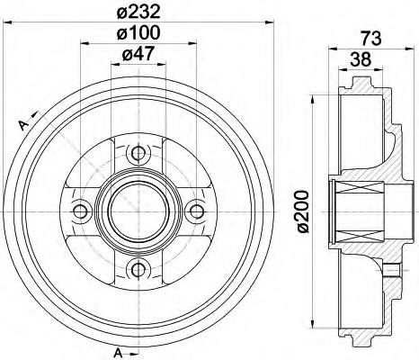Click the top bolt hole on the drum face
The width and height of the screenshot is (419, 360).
(x=138, y=151)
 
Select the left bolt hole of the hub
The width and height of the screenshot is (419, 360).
(x=80, y=211)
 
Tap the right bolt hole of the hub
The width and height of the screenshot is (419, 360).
(x=195, y=211)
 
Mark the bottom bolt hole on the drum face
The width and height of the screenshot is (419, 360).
(x=138, y=268)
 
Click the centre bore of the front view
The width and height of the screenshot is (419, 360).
(x=138, y=210)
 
